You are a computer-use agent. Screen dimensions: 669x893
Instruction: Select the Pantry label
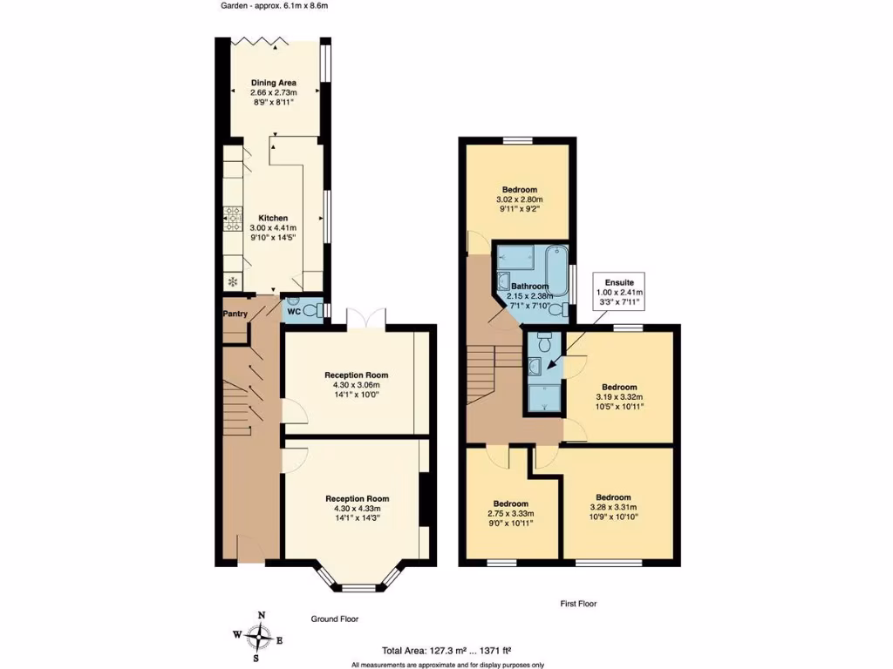point(235,314)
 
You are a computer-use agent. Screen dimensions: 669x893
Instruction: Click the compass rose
point(259,637)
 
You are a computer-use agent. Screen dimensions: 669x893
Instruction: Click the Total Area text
point(446,650)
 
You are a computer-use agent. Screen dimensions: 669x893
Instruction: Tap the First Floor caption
point(577,603)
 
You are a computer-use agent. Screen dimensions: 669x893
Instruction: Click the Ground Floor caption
point(335,618)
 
